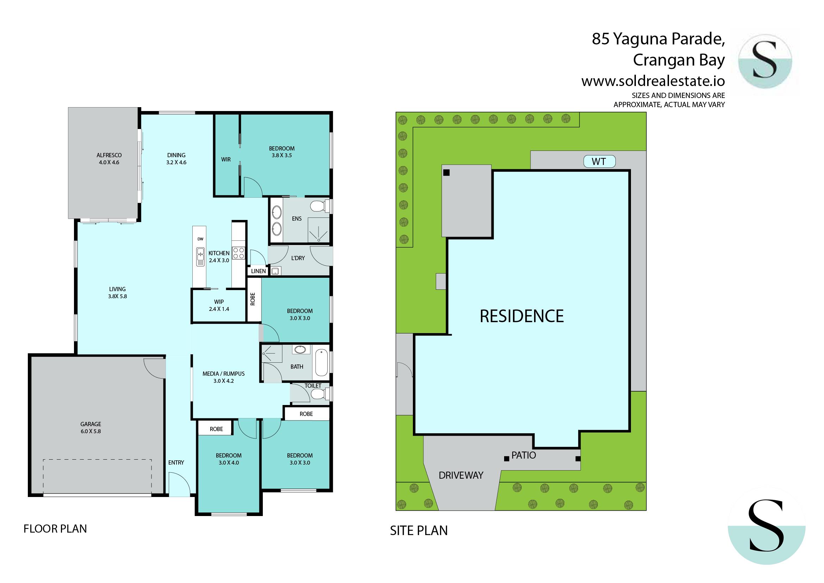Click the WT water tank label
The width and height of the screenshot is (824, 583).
599,161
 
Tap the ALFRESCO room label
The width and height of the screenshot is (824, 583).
109,155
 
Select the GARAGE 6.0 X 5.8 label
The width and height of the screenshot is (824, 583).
91,428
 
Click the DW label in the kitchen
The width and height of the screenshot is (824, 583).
200,239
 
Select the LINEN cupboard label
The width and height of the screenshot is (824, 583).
258,271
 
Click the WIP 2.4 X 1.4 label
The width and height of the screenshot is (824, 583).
219,305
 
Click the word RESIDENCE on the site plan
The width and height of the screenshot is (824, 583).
522,316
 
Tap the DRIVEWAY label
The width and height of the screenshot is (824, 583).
461,475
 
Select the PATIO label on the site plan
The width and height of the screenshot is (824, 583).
523,455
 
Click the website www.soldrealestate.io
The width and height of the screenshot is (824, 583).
653,81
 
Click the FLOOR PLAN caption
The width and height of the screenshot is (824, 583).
55,529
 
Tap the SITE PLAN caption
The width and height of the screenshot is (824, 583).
419,530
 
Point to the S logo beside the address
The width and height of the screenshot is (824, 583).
765,61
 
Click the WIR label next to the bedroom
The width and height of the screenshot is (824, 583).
226,159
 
